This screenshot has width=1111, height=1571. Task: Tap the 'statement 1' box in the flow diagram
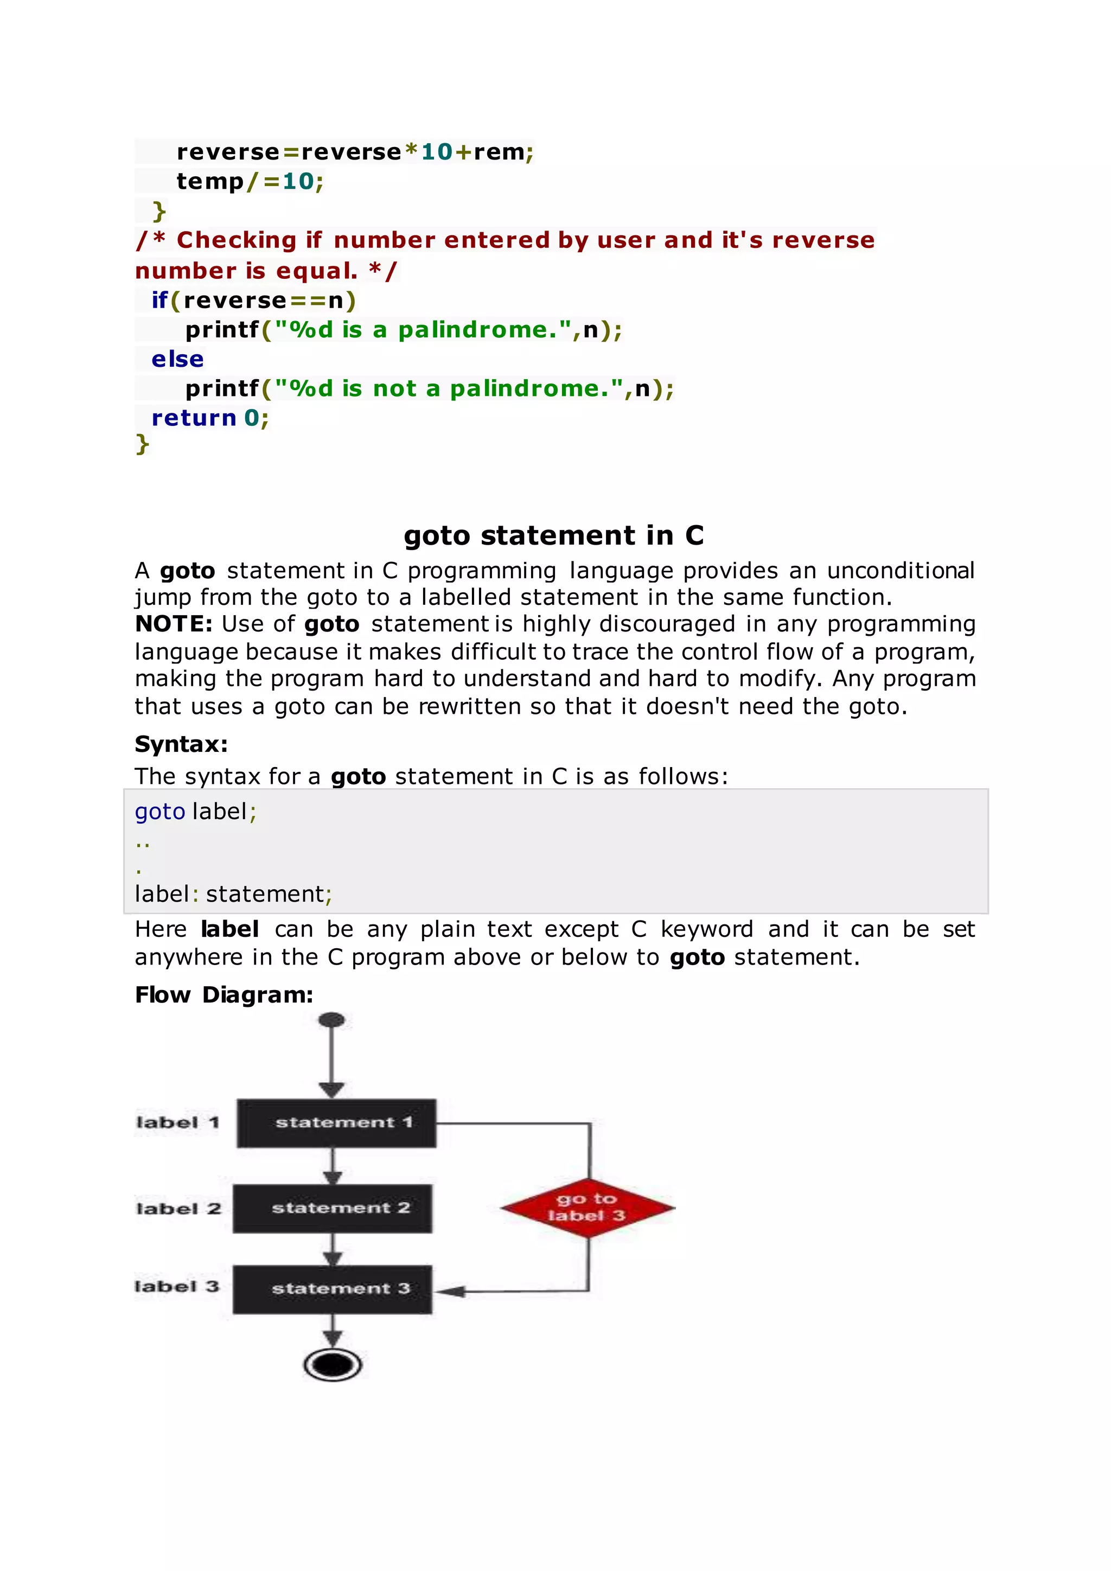(x=336, y=1123)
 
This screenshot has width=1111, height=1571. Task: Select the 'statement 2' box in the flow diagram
(x=333, y=1208)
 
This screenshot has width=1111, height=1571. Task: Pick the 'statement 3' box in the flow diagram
(x=333, y=1289)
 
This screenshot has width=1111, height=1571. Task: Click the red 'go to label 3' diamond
(x=587, y=1208)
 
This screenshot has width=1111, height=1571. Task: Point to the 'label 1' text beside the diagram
(x=178, y=1123)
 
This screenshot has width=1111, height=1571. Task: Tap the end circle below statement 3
(x=333, y=1365)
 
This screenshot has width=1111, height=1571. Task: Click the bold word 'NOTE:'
(x=174, y=624)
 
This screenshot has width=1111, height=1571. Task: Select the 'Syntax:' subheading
(x=181, y=744)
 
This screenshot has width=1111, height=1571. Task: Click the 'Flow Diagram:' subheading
(x=224, y=994)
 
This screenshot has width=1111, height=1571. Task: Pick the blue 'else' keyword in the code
(x=177, y=359)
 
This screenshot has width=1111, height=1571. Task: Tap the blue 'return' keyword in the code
(x=194, y=417)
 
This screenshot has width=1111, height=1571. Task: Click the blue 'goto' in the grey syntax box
(x=160, y=812)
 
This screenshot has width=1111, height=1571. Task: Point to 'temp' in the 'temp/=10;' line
(x=210, y=181)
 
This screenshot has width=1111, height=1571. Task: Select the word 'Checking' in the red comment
(x=236, y=240)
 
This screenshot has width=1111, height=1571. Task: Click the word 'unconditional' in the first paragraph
(x=901, y=571)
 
